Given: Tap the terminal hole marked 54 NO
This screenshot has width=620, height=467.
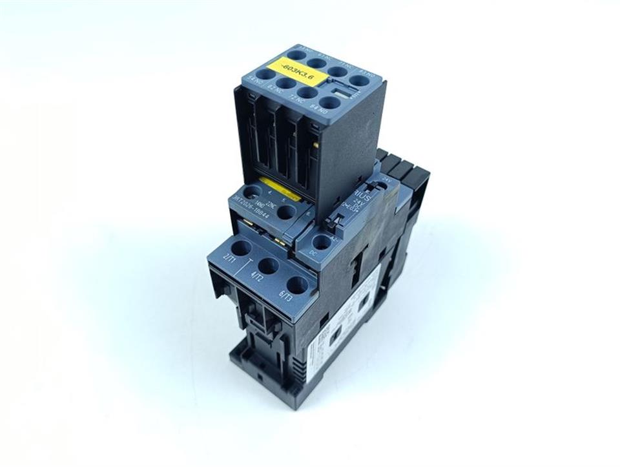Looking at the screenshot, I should point(265,74).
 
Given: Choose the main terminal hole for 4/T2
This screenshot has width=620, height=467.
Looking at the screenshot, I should point(268,265).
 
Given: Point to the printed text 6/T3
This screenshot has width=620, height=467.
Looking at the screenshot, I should point(284,297).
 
